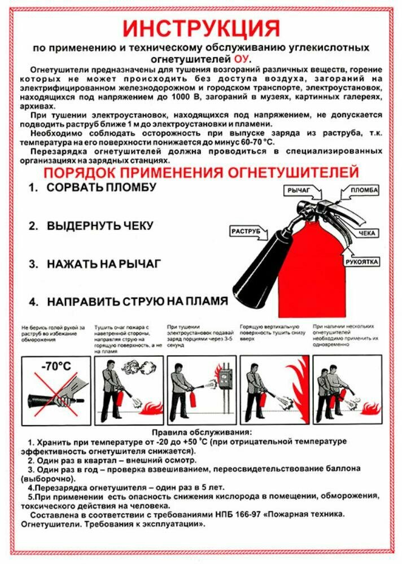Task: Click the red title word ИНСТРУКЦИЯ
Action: coord(202,28)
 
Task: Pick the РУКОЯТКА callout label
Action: coord(362,262)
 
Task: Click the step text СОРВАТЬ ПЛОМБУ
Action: coord(101,187)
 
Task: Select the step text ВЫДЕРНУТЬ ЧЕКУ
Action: coord(100,225)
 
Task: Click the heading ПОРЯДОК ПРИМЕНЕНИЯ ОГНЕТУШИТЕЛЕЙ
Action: coord(202,171)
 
